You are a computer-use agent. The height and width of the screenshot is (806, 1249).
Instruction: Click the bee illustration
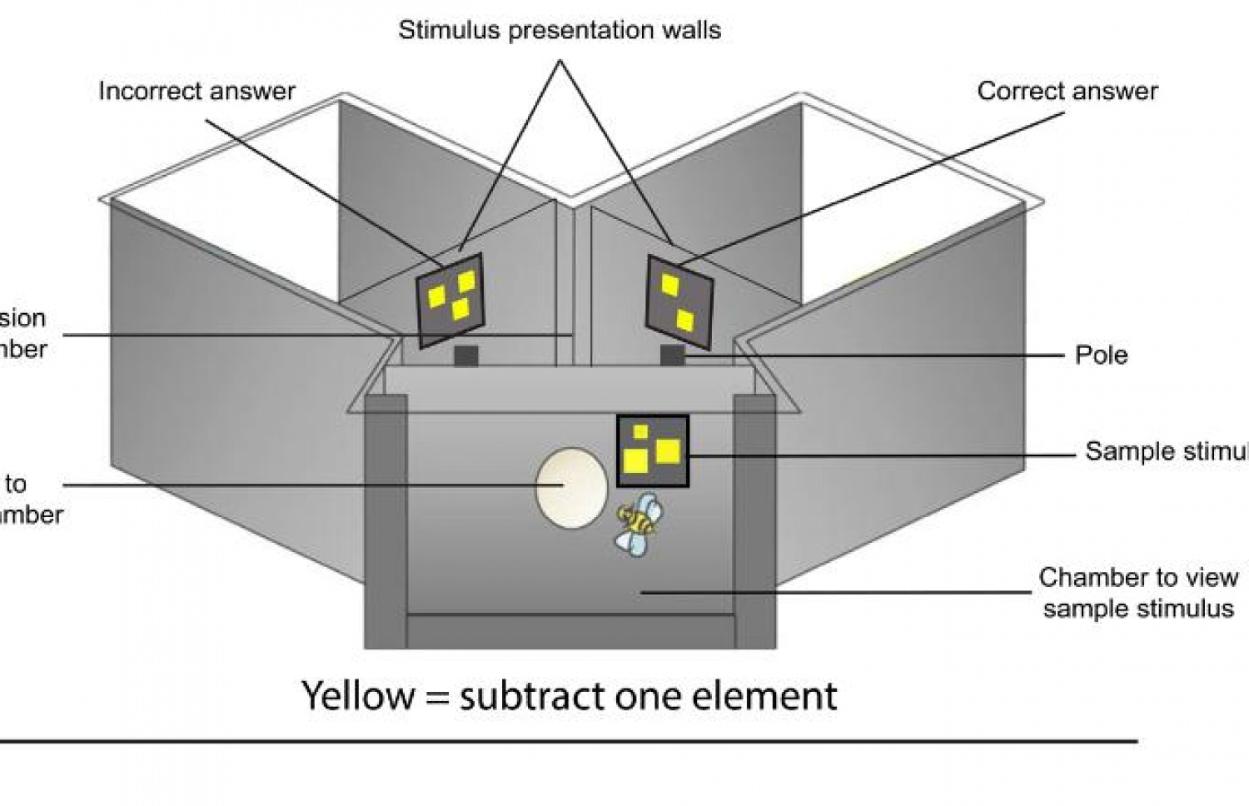[637, 523]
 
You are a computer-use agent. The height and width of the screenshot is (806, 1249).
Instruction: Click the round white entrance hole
[570, 488]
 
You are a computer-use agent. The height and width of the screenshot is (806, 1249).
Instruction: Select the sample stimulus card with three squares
[652, 451]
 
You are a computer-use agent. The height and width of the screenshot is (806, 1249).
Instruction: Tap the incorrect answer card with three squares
[450, 299]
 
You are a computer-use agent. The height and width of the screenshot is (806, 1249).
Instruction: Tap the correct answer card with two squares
[679, 301]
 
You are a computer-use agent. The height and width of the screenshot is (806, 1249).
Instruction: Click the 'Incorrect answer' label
[197, 91]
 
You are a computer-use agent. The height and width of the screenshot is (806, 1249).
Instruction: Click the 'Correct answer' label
[1067, 91]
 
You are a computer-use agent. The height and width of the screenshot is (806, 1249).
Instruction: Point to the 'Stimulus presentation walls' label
[560, 31]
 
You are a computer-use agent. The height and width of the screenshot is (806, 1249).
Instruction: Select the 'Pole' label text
[1101, 355]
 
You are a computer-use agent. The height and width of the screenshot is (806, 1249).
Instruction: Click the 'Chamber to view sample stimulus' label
[1137, 593]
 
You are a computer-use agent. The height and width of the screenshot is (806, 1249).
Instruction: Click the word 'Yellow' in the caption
[356, 695]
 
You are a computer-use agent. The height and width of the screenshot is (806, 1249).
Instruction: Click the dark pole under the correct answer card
[673, 356]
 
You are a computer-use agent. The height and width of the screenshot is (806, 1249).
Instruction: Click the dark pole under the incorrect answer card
[465, 356]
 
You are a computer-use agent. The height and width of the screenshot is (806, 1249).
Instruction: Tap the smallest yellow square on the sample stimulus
[640, 431]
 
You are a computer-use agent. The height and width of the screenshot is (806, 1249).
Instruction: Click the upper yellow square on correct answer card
[669, 286]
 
